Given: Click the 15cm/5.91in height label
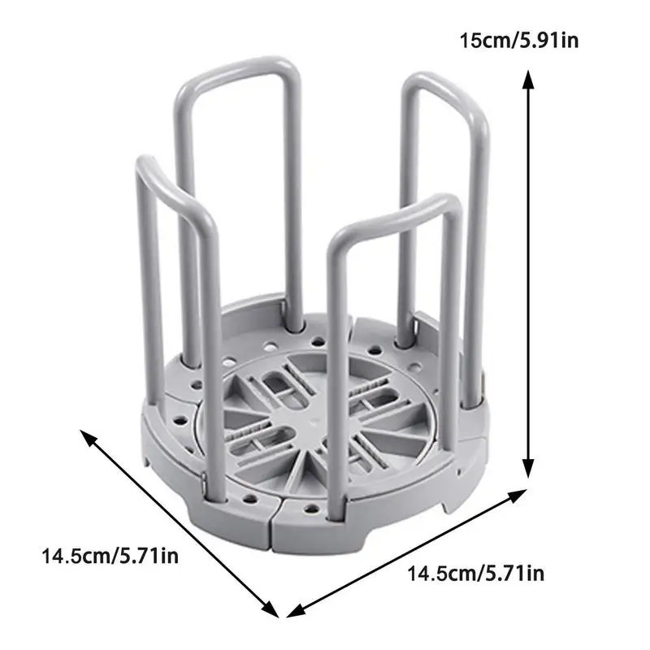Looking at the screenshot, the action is (519, 41).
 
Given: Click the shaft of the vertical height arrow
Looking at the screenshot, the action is (527, 274).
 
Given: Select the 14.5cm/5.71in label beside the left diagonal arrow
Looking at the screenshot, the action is (110, 556).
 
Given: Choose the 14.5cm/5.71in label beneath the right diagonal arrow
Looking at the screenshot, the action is (475, 574).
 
